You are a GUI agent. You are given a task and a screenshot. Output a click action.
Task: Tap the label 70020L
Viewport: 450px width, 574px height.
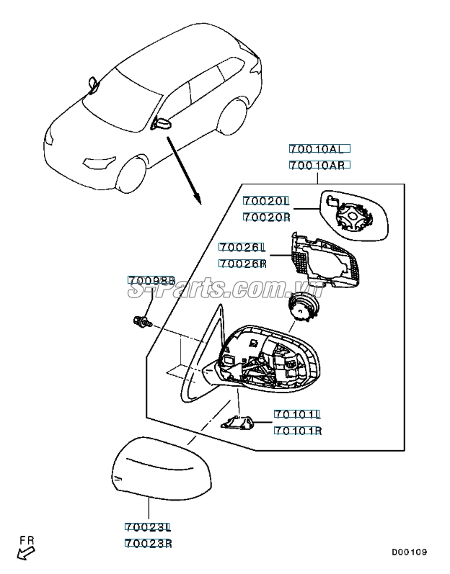266,201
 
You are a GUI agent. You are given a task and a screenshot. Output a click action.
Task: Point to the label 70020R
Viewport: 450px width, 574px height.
267,217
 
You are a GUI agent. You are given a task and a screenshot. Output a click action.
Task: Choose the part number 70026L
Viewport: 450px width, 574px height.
242,248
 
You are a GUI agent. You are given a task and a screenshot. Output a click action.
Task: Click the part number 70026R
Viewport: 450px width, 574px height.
242,264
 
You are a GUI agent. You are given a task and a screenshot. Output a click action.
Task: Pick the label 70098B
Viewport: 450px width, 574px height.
151,280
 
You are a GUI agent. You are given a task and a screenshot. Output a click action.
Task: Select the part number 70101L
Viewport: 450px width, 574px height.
298,414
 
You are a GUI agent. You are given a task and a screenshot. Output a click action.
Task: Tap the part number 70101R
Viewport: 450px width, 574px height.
298,431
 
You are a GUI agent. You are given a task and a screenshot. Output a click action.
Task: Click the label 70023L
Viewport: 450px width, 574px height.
148,527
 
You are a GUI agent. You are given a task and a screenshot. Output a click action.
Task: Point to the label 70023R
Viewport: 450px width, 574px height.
149,543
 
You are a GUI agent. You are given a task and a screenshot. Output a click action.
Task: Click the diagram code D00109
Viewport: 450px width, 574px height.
410,552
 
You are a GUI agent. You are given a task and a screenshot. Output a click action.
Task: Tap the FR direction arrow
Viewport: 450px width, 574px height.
26,553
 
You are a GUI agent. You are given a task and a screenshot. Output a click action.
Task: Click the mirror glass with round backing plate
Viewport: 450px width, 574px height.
354,215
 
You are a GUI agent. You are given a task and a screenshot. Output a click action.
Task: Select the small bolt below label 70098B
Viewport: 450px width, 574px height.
143,321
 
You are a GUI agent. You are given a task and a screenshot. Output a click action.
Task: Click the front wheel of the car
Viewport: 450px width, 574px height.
131,175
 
